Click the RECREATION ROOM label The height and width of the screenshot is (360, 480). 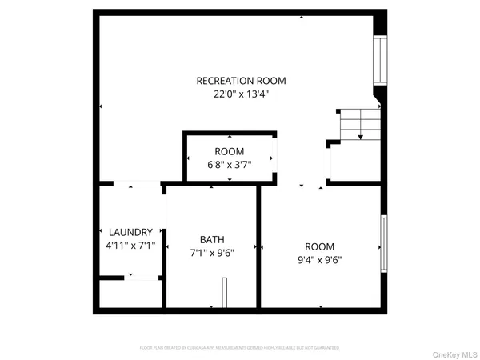click(x=241, y=81)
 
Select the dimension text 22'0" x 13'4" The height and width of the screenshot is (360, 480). click(x=241, y=94)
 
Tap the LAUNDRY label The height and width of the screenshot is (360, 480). click(x=131, y=232)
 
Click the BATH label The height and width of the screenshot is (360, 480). click(x=212, y=239)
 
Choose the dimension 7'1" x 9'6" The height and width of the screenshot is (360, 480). click(x=212, y=252)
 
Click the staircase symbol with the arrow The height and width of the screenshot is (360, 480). click(x=359, y=125)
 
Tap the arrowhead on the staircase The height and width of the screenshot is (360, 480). click(x=361, y=138)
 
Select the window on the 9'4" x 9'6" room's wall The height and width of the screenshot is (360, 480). click(x=385, y=246)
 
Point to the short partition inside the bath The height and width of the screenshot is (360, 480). click(x=225, y=291)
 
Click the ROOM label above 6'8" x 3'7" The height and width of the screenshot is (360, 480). click(x=229, y=152)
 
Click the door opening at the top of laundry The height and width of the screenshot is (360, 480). click(x=134, y=186)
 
